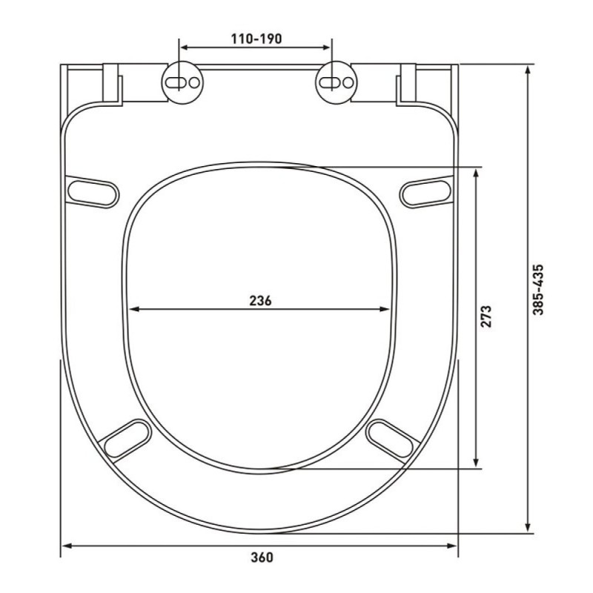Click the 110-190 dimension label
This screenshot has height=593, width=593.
[x=256, y=39]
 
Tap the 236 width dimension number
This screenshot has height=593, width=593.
[x=260, y=301]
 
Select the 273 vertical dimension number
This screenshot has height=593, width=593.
[x=486, y=317]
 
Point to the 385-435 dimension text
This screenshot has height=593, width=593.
[x=538, y=290]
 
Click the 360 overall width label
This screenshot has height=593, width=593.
[x=262, y=557]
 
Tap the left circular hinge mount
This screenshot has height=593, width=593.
[x=182, y=82]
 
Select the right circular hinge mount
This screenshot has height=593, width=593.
[x=337, y=82]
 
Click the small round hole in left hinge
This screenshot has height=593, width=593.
[x=194, y=82]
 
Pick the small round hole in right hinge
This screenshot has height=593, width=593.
[x=348, y=82]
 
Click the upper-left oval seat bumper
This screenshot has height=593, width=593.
[x=93, y=192]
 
